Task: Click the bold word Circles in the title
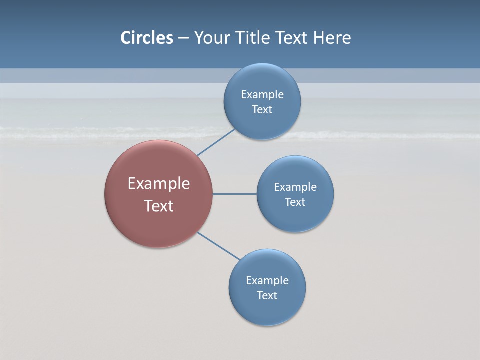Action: pyautogui.click(x=147, y=37)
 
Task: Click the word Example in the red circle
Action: pyautogui.click(x=159, y=184)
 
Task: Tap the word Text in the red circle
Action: pyautogui.click(x=159, y=206)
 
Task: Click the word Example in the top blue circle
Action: pyautogui.click(x=262, y=94)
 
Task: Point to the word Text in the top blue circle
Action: pyautogui.click(x=262, y=109)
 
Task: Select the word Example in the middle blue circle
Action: pyautogui.click(x=295, y=187)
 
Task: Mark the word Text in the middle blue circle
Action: pyautogui.click(x=295, y=202)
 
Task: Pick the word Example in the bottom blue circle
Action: pyautogui.click(x=267, y=280)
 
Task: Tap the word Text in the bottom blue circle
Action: pyautogui.click(x=267, y=295)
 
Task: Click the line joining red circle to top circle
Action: pyautogui.click(x=216, y=142)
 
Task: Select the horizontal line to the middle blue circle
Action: pyautogui.click(x=235, y=194)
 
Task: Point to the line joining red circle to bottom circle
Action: pyautogui.click(x=218, y=246)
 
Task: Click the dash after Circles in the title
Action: pyautogui.click(x=183, y=38)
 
